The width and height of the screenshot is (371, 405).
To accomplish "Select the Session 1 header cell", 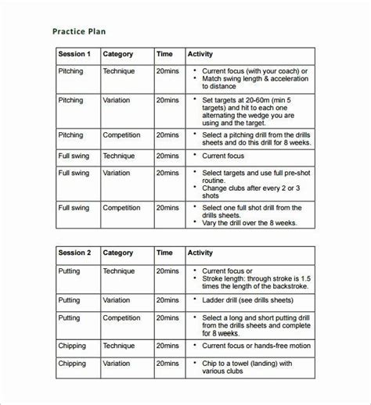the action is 74,55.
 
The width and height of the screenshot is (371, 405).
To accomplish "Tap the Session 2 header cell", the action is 74,253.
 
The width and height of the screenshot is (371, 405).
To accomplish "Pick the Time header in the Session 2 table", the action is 164,253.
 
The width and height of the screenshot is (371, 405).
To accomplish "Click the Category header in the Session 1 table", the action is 118,55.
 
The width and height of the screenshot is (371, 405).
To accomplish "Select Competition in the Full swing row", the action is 124,207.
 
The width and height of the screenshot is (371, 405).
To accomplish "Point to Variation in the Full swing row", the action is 117,173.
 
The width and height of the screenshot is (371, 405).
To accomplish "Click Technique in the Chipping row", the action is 119,345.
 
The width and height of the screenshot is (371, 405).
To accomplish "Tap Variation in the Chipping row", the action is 117,363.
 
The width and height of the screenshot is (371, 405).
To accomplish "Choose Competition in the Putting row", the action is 124,318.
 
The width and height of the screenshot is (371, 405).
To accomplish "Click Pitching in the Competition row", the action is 71,134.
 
